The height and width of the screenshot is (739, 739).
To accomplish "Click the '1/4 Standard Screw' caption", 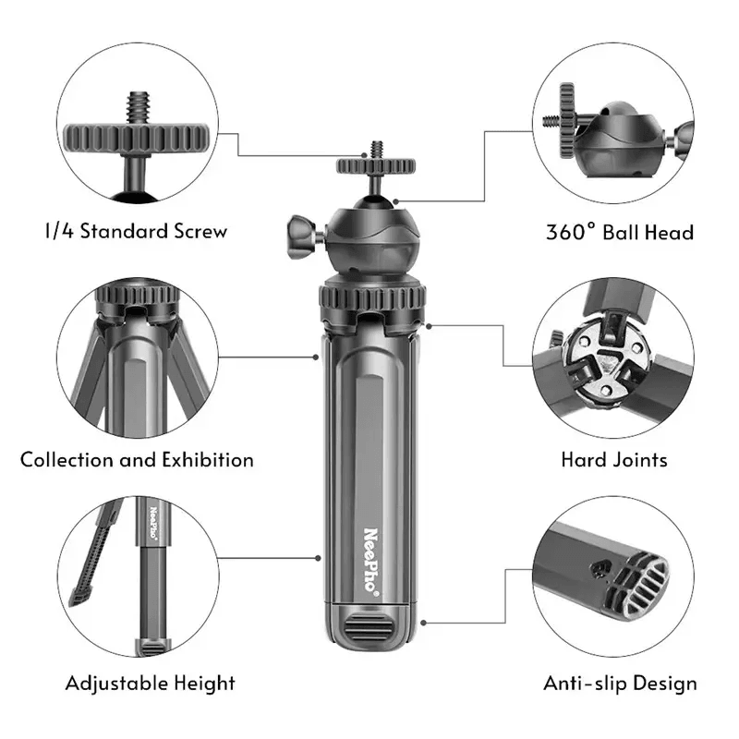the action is (136, 231).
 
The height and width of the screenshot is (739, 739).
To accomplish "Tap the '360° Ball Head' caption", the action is (619, 233).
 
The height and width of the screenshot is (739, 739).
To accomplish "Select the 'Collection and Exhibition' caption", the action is (137, 460).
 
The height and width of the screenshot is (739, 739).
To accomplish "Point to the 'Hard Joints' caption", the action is (614, 460).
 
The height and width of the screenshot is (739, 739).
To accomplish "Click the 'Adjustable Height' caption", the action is (150, 684).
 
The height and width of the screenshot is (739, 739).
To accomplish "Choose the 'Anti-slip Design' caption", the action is (620, 684).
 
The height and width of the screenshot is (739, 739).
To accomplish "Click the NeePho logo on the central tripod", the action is (371, 562).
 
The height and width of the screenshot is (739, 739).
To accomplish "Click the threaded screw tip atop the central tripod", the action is (377, 150).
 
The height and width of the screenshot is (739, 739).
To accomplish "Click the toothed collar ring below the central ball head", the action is (372, 298).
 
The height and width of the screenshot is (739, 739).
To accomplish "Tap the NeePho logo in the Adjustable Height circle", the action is (153, 522).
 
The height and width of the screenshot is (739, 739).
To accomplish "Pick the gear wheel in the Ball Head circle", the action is (567, 121).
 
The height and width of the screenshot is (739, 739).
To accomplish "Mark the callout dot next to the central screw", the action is (364, 155).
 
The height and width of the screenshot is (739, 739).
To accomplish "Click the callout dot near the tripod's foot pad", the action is (424, 623).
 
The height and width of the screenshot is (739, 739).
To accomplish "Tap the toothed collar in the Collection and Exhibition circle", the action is (138, 295).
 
